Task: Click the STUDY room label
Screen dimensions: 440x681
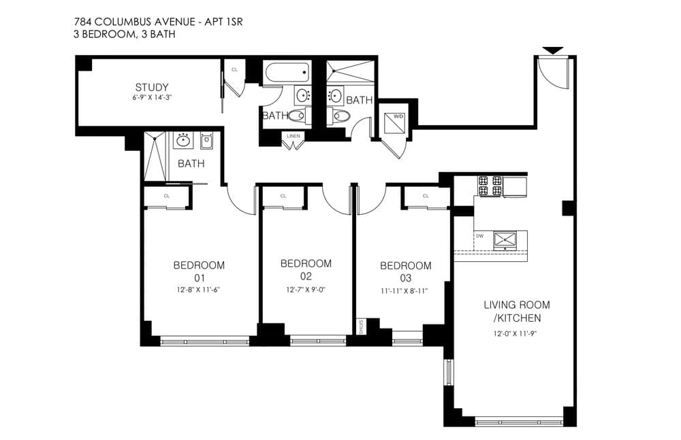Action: coord(151,87)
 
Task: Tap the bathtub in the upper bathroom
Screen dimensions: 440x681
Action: coord(287,73)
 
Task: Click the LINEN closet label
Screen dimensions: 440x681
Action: coord(294,136)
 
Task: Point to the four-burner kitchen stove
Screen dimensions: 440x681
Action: coord(491,186)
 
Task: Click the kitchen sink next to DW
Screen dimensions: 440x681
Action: coord(505,239)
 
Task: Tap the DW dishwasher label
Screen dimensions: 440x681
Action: coord(479,236)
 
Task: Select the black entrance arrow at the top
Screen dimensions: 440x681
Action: coord(552,50)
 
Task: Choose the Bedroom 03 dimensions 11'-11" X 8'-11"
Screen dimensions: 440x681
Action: coord(405,290)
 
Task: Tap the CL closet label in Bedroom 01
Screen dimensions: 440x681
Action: coord(167,196)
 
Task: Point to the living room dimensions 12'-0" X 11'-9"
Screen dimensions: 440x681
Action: coord(517,333)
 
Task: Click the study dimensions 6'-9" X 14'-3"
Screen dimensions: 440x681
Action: coord(151,98)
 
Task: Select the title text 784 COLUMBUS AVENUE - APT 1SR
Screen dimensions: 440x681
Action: coord(158,21)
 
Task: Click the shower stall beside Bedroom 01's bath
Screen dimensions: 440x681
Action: coord(155,156)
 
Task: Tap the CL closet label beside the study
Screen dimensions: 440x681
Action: coord(234,69)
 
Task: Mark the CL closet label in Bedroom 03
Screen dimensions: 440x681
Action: coord(426,196)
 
